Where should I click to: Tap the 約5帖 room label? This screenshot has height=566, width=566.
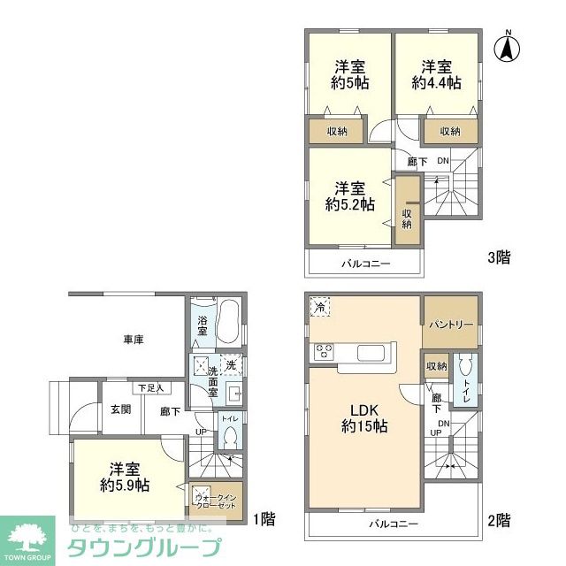[x=351, y=75]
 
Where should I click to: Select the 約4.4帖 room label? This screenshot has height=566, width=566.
[x=436, y=75]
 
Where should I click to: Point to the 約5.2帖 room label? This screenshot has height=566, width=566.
[x=351, y=195]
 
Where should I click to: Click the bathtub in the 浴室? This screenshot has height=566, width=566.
[x=228, y=324]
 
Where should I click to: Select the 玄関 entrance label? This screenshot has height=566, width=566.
[x=120, y=409]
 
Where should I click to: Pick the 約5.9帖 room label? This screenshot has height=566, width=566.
[x=124, y=477]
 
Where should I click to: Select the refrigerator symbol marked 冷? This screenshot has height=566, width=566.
[x=319, y=307]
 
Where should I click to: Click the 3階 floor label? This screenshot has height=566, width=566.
[x=497, y=258]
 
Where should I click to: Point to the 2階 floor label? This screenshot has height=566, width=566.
[x=497, y=519]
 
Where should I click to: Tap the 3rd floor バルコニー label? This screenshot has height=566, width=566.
[x=365, y=264]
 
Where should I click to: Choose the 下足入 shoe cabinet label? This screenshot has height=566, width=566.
[x=146, y=388]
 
